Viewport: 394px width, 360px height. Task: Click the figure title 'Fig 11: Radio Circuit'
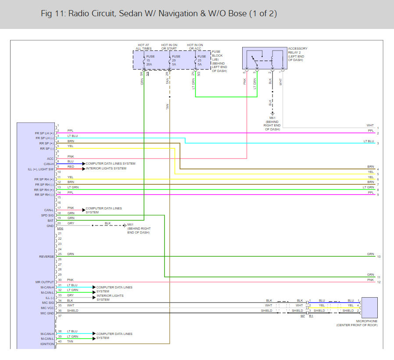[x=158, y=14]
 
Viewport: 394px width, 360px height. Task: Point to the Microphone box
[x=369, y=308]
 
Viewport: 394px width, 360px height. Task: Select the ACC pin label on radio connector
[x=50, y=159]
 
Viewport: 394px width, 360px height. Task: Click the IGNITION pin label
[x=47, y=344]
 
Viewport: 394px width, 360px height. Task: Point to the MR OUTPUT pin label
[x=45, y=282]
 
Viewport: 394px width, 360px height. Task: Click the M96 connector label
[x=60, y=228]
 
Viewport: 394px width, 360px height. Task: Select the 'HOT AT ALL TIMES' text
[x=144, y=47]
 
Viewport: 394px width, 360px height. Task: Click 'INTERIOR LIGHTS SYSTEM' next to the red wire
[x=106, y=169]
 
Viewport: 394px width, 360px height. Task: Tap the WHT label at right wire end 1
[x=370, y=126]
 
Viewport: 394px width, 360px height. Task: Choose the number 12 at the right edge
[x=378, y=282]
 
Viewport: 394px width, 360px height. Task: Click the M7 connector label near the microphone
[x=302, y=316]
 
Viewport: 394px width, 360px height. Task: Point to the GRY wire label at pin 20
[x=71, y=223]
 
